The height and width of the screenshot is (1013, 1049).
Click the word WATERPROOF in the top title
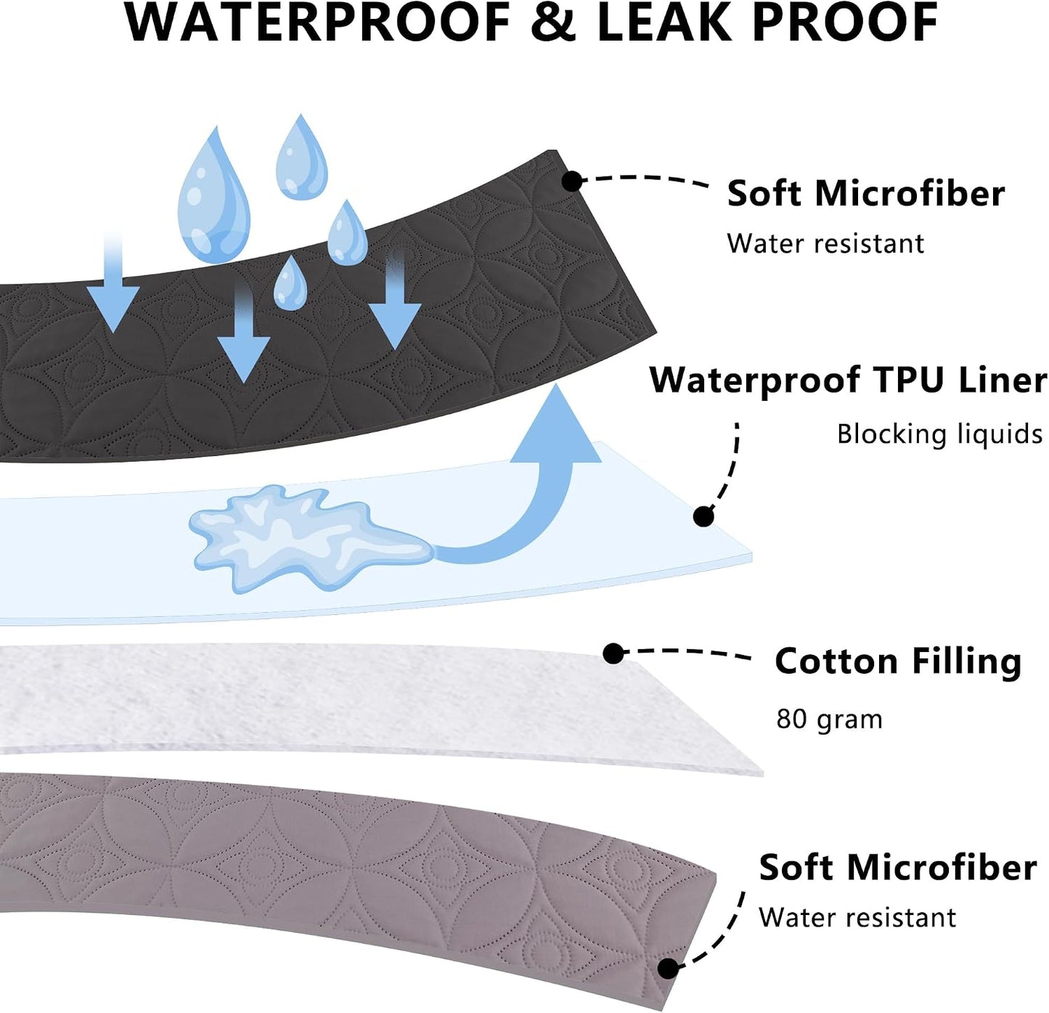coord(317,22)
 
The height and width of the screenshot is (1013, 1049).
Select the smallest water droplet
coord(290,284)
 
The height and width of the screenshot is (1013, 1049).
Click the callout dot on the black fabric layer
coord(572,181)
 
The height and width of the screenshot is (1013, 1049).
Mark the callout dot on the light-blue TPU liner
coord(703,516)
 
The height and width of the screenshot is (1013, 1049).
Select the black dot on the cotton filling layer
coord(613,654)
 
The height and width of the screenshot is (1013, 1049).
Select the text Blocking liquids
coord(939,434)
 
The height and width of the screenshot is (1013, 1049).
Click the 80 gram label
coord(829,719)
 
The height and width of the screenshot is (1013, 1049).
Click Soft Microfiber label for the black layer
coord(866,193)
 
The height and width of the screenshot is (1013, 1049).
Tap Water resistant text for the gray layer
coord(857,917)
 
